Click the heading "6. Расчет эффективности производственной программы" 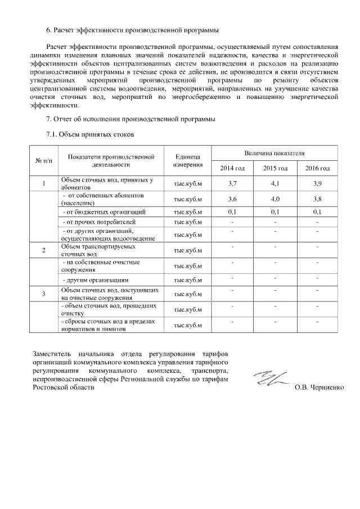tap(132, 29)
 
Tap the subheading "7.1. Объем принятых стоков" tap(89, 135)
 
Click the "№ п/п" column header tap(43, 161)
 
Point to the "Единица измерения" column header tap(188, 161)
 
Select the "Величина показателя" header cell tap(274, 153)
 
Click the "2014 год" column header tap(232, 169)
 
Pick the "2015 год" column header tap(275, 169)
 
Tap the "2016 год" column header tap(317, 169)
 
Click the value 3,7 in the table tap(232, 183)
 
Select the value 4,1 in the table tap(275, 183)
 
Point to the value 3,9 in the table tap(317, 183)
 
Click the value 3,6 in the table tap(232, 199)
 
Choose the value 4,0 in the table tap(275, 199)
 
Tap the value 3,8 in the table tap(317, 199)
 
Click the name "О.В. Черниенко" tap(318, 388)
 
